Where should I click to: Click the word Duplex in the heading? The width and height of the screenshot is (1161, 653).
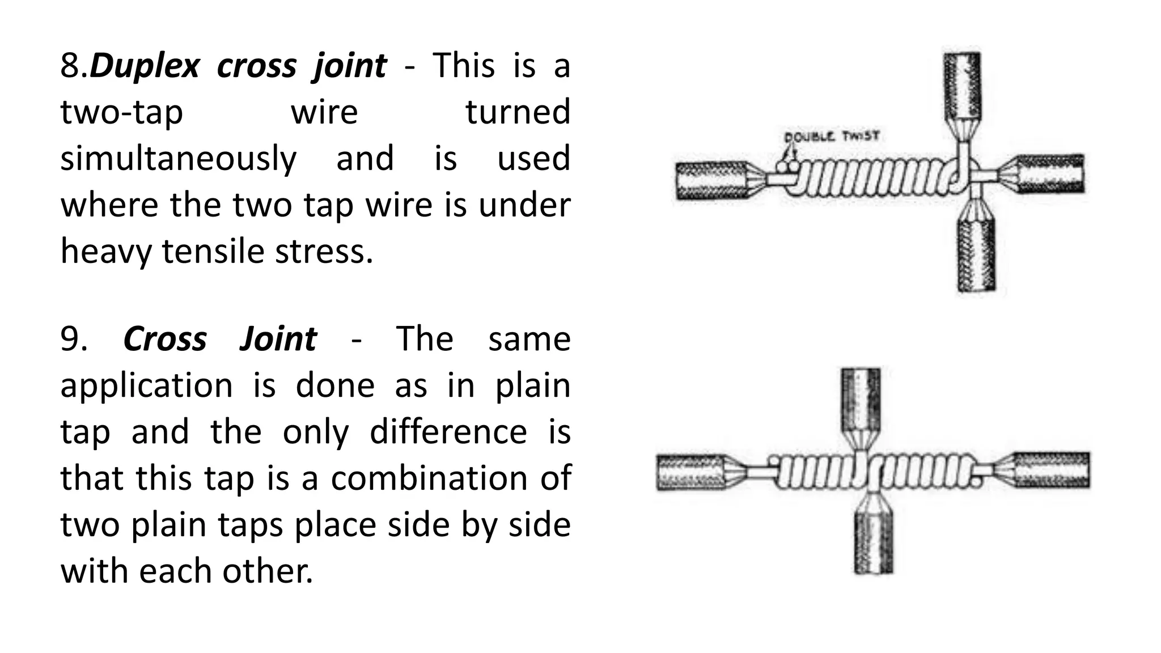click(145, 66)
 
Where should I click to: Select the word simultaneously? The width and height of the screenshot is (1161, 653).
click(178, 159)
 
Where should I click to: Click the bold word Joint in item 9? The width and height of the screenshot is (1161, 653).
click(278, 340)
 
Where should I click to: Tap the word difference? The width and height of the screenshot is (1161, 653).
click(448, 432)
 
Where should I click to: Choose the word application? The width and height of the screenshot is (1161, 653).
click(146, 386)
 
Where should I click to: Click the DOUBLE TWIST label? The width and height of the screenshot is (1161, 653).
click(831, 137)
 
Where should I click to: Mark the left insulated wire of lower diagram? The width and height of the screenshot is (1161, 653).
click(689, 472)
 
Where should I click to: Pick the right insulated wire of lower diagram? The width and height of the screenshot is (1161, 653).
click(1051, 470)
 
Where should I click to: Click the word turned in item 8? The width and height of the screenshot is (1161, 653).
click(518, 112)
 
